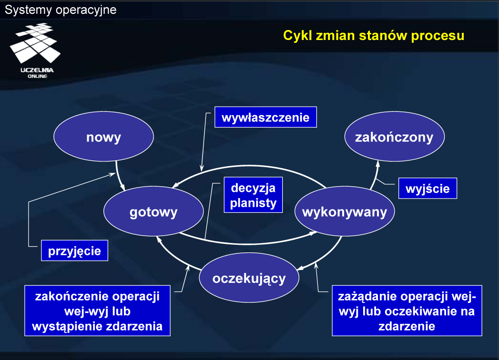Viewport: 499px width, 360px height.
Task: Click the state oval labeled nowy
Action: pyautogui.click(x=103, y=137)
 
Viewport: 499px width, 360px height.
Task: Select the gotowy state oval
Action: pyautogui.click(x=153, y=211)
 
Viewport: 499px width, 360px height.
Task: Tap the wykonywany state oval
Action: pyautogui.click(x=345, y=211)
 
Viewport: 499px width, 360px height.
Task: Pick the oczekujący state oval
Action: pyautogui.click(x=249, y=278)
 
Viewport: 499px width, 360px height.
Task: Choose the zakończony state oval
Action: pyautogui.click(x=395, y=137)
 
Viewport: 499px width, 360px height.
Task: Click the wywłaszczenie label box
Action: pyautogui.click(x=266, y=117)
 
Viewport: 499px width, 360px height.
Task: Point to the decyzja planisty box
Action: pyautogui.click(x=254, y=195)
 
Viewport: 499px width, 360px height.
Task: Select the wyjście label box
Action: pyautogui.click(x=428, y=188)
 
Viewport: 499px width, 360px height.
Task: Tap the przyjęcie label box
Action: pyautogui.click(x=74, y=250)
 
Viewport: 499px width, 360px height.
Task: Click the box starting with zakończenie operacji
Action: pyautogui.click(x=97, y=310)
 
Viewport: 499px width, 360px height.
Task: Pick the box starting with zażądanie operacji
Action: pyautogui.click(x=407, y=310)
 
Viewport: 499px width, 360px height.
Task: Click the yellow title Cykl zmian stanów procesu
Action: pyautogui.click(x=374, y=35)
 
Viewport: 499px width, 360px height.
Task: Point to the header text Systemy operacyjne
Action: pyautogui.click(x=61, y=10)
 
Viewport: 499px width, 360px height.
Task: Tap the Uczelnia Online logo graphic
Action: pyautogui.click(x=36, y=50)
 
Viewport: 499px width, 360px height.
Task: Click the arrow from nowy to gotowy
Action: pyautogui.click(x=118, y=177)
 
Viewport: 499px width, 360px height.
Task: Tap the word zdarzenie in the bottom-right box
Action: pyautogui.click(x=407, y=326)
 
